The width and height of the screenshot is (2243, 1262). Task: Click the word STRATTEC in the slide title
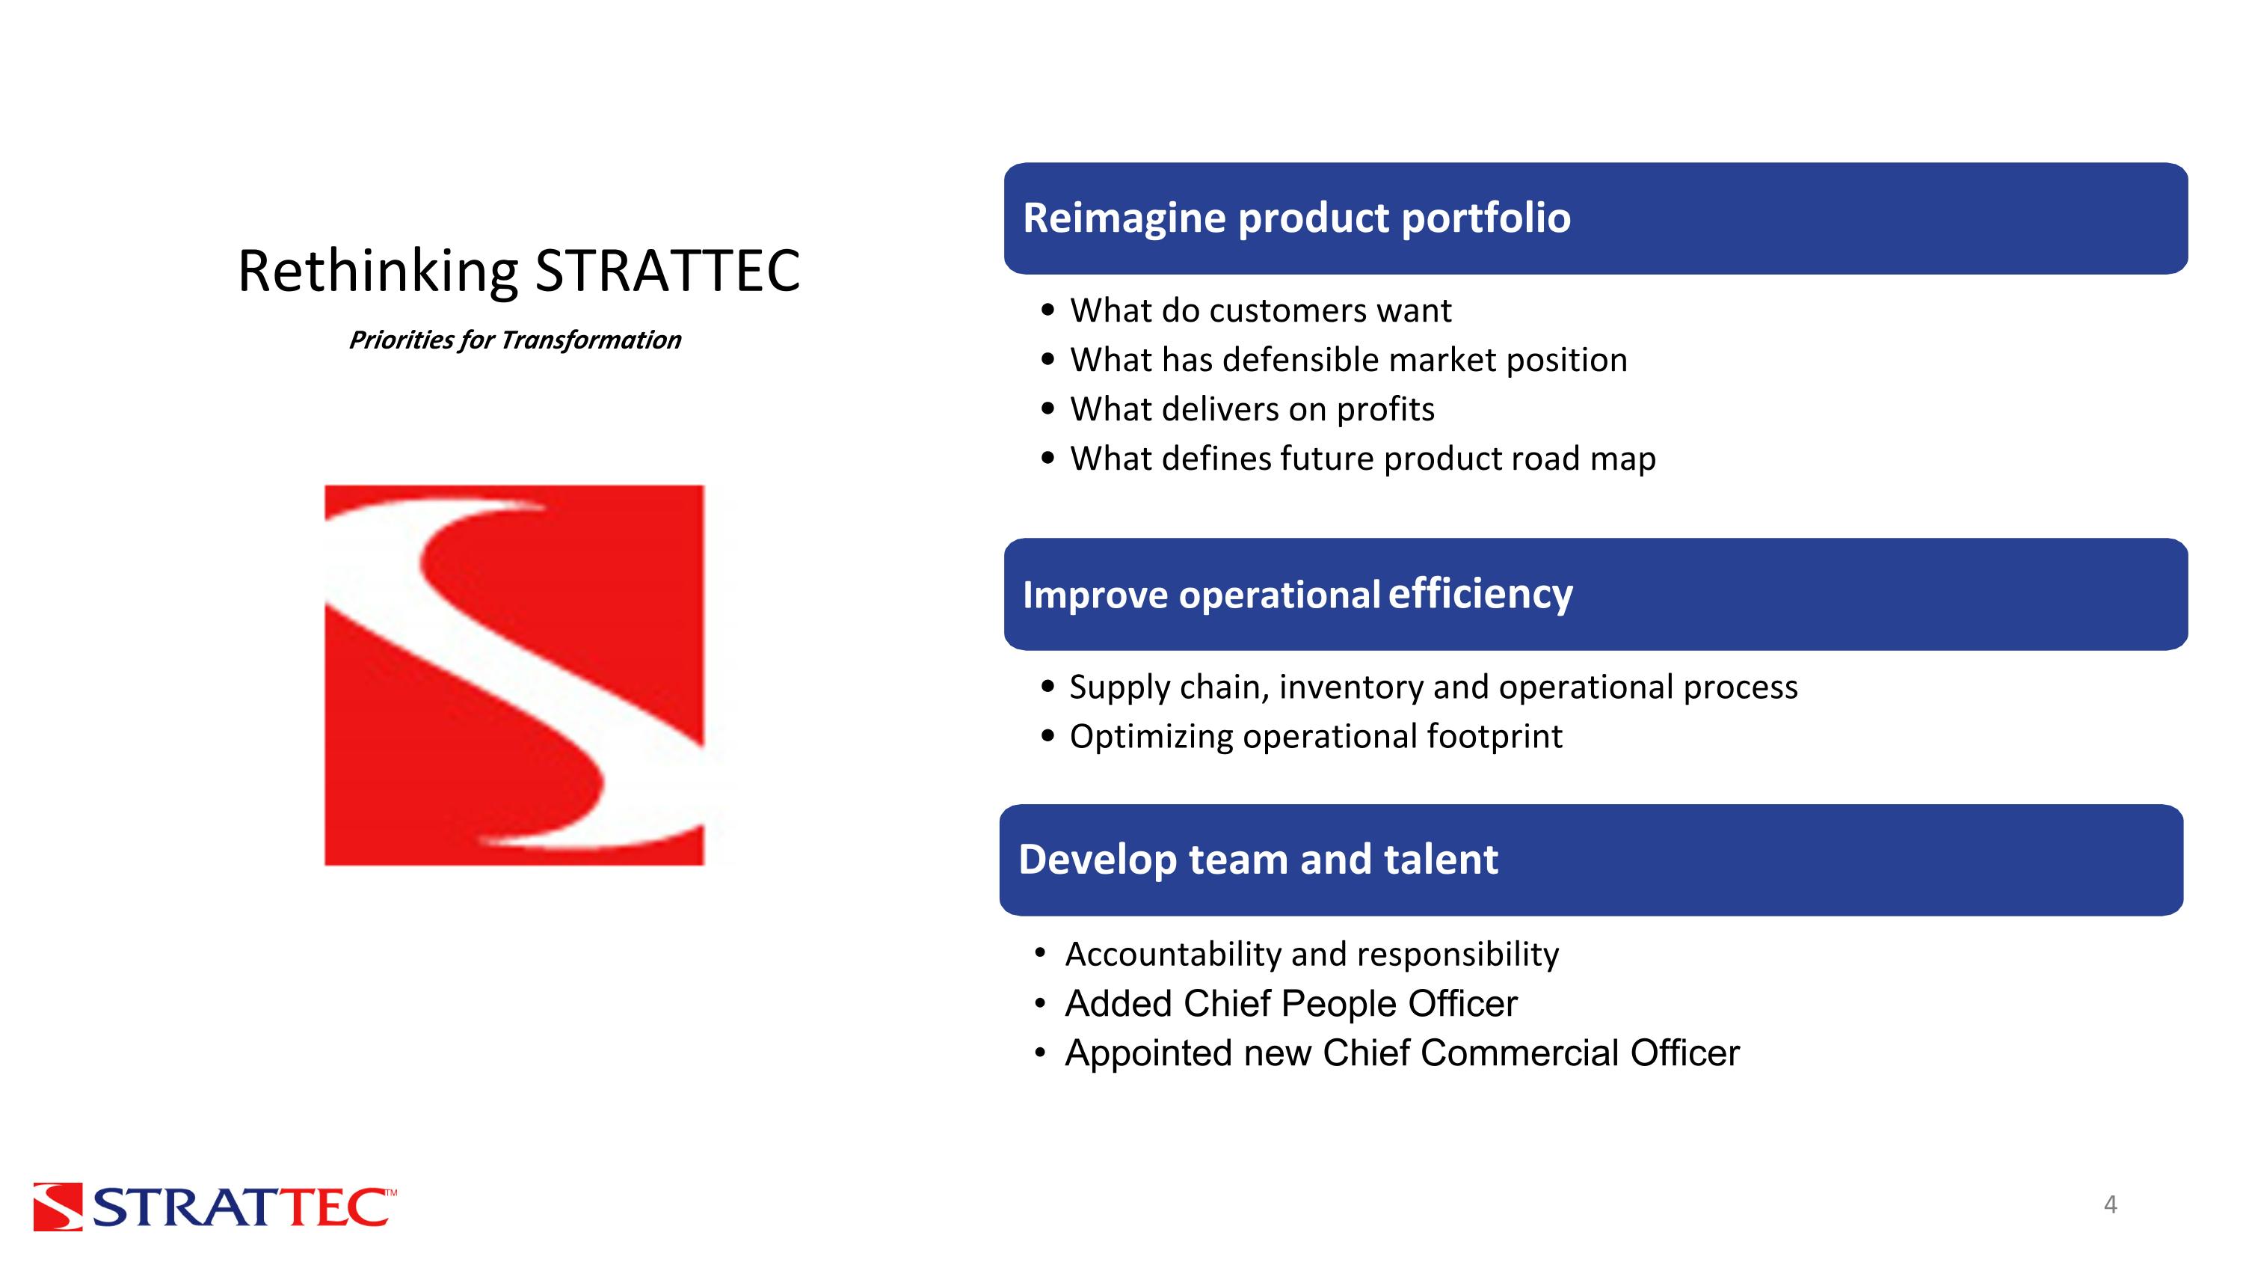click(666, 271)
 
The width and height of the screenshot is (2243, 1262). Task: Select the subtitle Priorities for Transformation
click(514, 340)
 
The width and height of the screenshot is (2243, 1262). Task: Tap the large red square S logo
click(514, 675)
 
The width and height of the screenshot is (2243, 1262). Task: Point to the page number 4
click(2110, 1204)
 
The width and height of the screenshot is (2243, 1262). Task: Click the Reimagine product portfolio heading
click(1296, 218)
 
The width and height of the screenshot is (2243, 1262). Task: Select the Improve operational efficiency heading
click(1296, 594)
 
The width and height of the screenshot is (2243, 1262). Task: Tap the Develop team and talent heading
click(1258, 860)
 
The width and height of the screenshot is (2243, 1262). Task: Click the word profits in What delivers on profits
click(1385, 409)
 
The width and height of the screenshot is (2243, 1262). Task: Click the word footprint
click(1493, 737)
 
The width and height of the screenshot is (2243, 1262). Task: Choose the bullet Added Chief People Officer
click(1290, 1004)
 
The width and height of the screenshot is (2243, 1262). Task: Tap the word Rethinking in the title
click(378, 271)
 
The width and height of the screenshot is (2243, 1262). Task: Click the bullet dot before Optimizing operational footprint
click(1047, 737)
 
